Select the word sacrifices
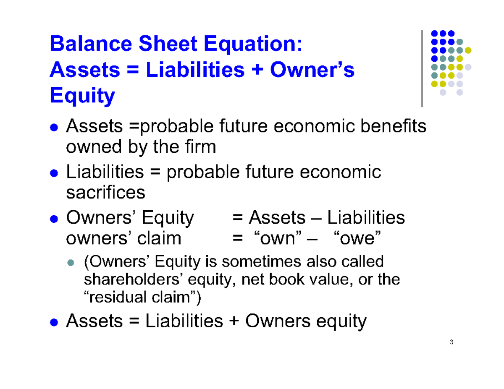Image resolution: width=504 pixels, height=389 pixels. pyautogui.click(x=106, y=193)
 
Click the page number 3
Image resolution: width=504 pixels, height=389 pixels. pyautogui.click(x=451, y=342)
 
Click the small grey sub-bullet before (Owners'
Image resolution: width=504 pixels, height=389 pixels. pyautogui.click(x=71, y=263)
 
